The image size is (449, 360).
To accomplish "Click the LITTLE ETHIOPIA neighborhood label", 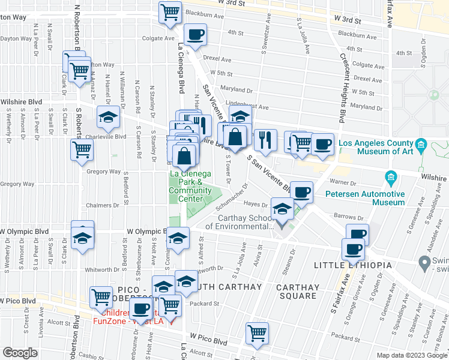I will (x=353, y=265).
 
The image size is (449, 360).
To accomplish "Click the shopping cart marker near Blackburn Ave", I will (x=170, y=11).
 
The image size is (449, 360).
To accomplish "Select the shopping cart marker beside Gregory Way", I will (x=82, y=151).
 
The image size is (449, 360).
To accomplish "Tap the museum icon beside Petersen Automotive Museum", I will (x=391, y=178).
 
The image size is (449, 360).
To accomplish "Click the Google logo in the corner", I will (x=20, y=353).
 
